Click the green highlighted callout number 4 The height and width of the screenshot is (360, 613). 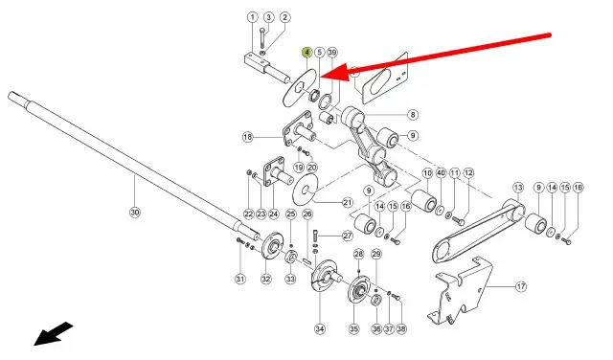click(306, 53)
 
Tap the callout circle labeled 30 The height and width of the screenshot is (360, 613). click(134, 213)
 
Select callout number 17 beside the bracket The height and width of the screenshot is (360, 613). click(521, 286)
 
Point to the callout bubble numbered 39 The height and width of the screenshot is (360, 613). click(332, 53)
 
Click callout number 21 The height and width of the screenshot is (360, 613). click(348, 202)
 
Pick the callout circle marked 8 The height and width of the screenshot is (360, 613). click(413, 115)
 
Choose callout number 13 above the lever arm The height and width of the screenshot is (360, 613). click(518, 188)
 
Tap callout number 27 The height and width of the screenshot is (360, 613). click(348, 236)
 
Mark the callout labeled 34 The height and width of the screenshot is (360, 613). click(320, 329)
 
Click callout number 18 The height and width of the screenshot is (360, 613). click(248, 137)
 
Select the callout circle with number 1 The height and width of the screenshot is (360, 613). click(253, 17)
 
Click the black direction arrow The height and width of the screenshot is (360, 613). click(54, 333)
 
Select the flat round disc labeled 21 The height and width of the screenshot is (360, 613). click(306, 191)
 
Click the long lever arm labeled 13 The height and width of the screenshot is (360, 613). click(479, 231)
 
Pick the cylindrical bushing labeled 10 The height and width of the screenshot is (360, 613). click(424, 200)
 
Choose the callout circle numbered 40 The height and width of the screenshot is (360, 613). click(441, 172)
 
